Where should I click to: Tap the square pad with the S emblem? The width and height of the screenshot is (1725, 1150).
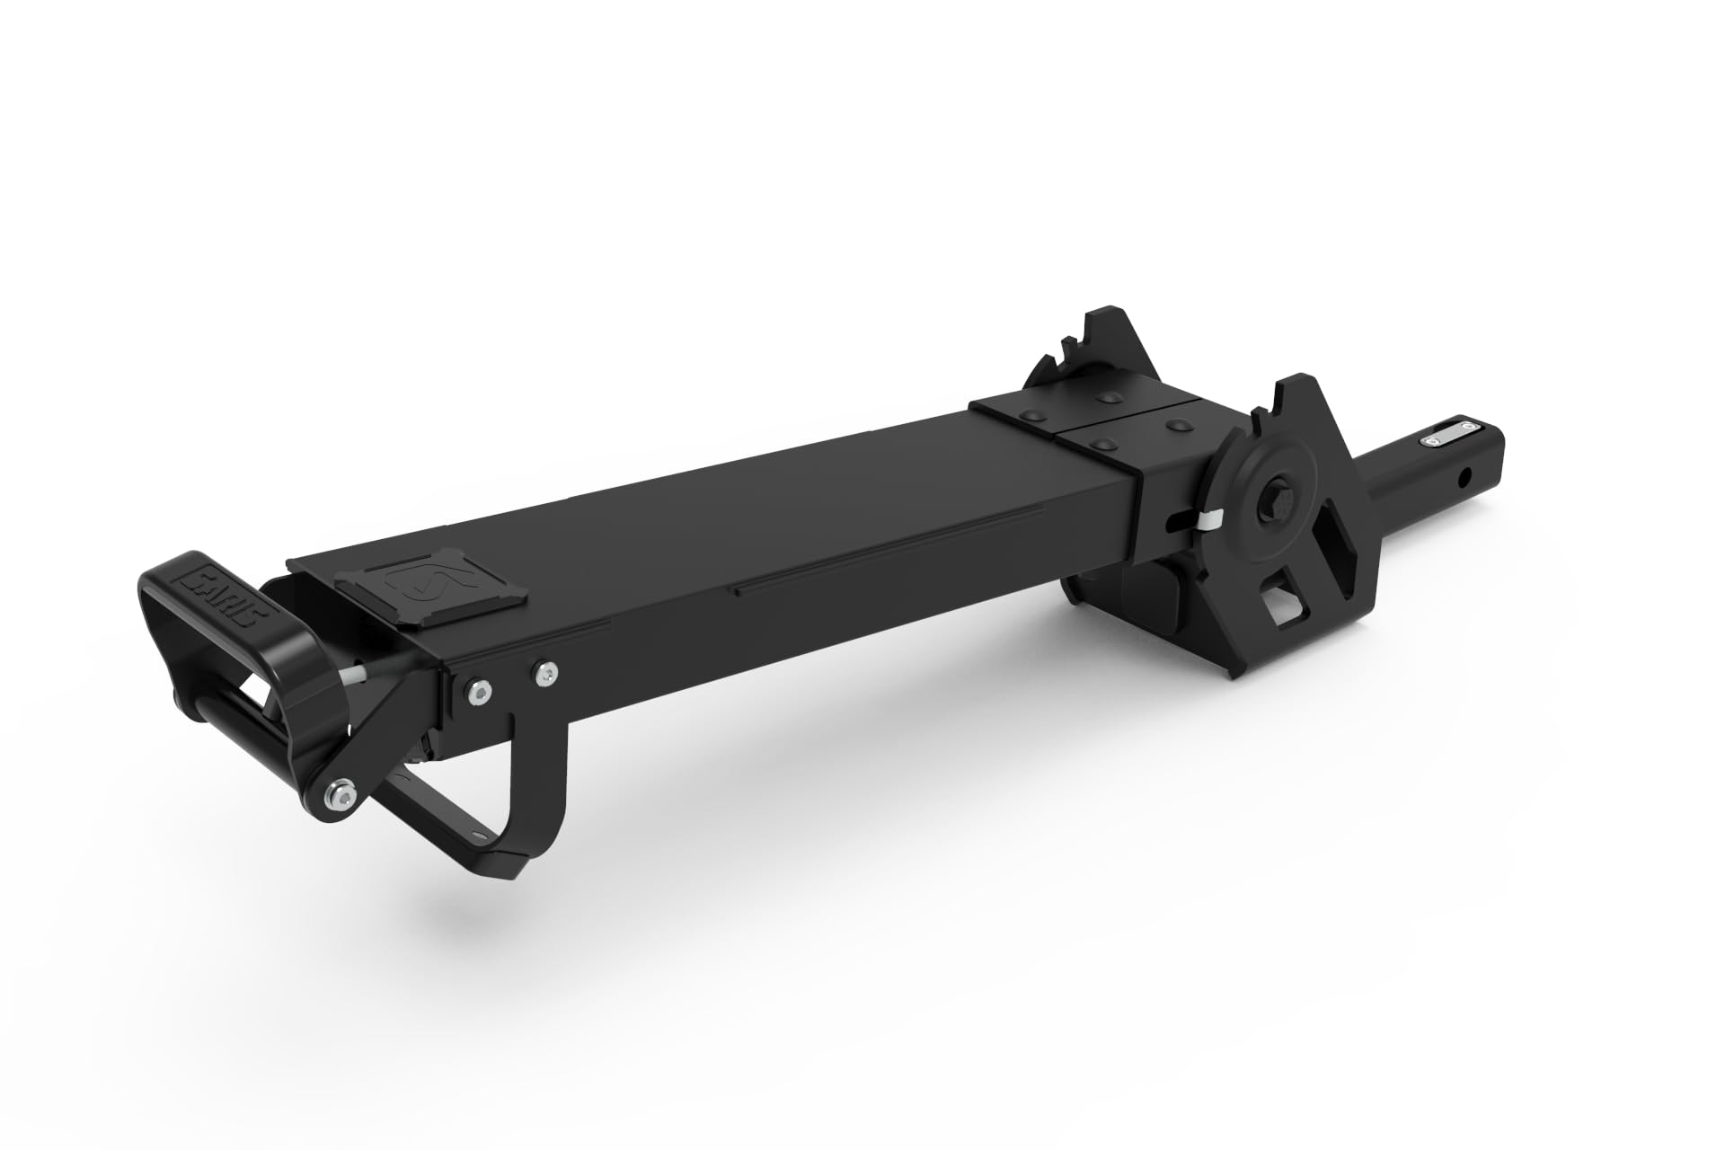[429, 589]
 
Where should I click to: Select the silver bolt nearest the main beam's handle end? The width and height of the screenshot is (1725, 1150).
[474, 690]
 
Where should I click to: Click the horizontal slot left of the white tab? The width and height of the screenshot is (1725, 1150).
[1173, 518]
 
